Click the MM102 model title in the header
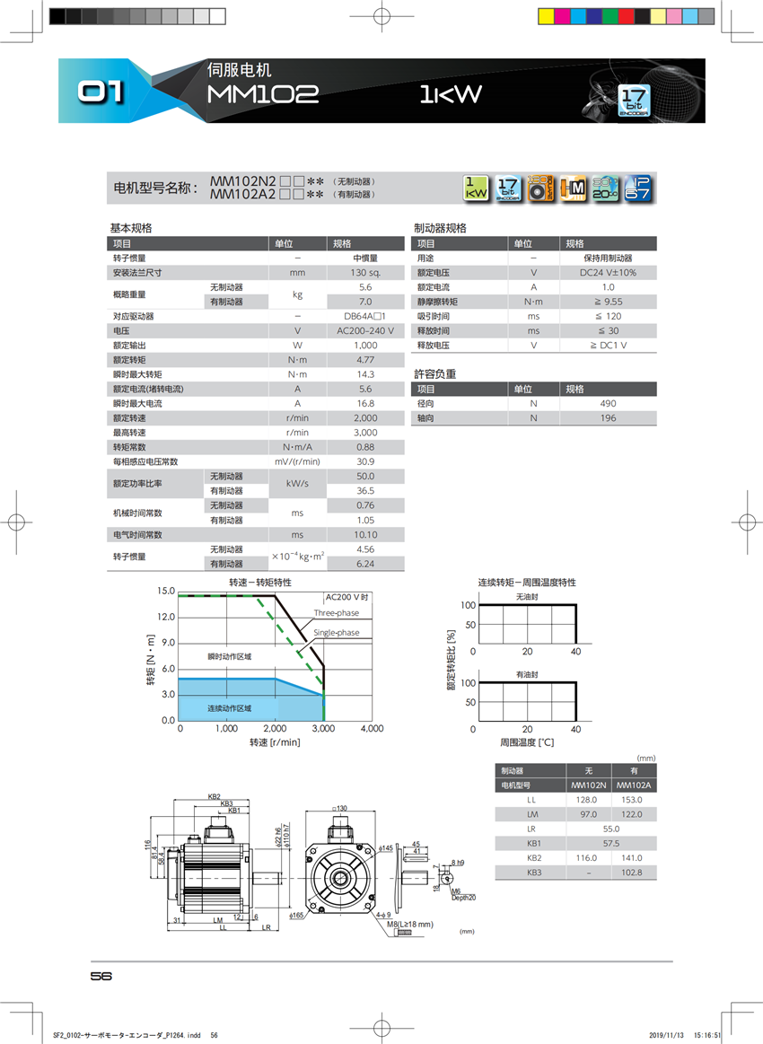click(x=263, y=95)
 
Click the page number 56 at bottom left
click(x=101, y=977)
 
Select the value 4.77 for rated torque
click(x=365, y=360)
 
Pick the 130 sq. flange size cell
click(x=365, y=273)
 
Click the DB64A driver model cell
click(x=365, y=316)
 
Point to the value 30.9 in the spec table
click(x=365, y=461)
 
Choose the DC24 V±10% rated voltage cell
click(x=608, y=273)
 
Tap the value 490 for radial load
click(x=608, y=404)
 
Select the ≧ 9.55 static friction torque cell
click(x=608, y=302)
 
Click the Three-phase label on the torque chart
click(x=336, y=613)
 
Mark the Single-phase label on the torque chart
click(x=336, y=633)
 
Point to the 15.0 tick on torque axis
click(x=166, y=592)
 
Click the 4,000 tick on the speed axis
click(x=371, y=729)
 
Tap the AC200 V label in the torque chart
click(x=346, y=598)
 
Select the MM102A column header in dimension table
click(x=634, y=785)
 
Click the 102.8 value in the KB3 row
click(x=634, y=873)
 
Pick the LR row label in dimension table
click(x=531, y=829)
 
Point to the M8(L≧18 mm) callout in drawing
click(x=410, y=924)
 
